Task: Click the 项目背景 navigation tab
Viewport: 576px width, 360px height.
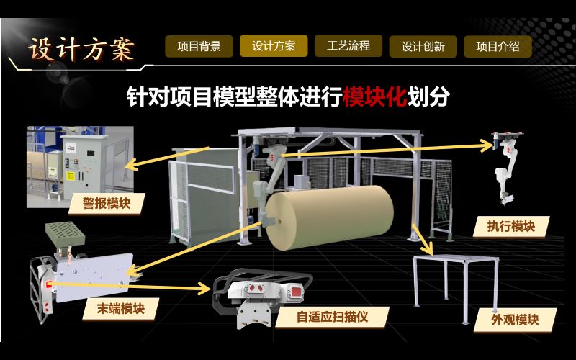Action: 199,46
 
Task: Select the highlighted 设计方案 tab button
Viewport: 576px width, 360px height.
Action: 274,46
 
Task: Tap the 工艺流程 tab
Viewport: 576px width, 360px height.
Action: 348,46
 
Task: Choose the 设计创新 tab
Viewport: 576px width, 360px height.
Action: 423,46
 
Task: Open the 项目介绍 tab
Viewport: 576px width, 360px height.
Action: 498,46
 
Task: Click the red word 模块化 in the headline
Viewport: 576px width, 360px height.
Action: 375,96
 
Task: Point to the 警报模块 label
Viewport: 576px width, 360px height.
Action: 107,203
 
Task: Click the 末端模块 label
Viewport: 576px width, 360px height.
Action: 121,309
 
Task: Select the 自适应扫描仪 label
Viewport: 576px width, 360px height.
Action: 332,317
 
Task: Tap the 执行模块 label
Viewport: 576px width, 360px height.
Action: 511,226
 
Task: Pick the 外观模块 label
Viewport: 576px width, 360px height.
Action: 515,320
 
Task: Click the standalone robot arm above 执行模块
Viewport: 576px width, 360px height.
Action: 507,167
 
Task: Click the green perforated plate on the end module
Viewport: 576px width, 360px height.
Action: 66,233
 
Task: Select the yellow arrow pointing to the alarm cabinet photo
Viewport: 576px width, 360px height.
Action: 167,158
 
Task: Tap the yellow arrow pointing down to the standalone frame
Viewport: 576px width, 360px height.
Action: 423,239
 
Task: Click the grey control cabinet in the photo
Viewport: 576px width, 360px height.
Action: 85,167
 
